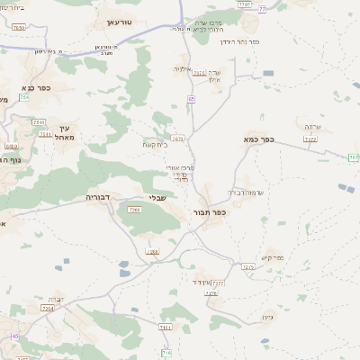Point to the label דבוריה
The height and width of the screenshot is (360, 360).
[98, 196]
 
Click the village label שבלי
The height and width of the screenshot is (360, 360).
[156, 200]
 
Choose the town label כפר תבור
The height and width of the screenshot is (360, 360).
[208, 213]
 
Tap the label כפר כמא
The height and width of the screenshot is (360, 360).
[258, 139]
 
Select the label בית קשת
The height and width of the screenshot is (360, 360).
[153, 144]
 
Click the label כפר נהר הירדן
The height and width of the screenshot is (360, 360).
[239, 41]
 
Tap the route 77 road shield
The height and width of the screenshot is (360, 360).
[262, 10]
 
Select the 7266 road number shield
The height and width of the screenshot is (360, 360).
[134, 210]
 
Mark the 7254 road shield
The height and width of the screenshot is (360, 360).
[48, 309]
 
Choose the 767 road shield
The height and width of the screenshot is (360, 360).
[353, 157]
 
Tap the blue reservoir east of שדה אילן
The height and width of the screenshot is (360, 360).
[268, 73]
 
